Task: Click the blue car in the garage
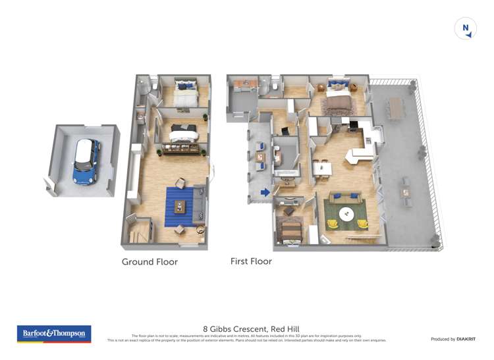[x=86, y=161]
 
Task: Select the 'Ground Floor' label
[x=150, y=261]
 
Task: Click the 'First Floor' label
[x=251, y=261]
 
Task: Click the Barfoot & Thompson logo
[x=54, y=334]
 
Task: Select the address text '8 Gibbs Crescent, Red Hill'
[x=246, y=327]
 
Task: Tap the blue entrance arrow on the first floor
[x=265, y=193]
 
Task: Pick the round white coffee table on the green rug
[x=347, y=214]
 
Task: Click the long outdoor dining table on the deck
[x=395, y=108]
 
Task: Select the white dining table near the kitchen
[x=322, y=168]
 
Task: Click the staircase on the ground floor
[x=138, y=232]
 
